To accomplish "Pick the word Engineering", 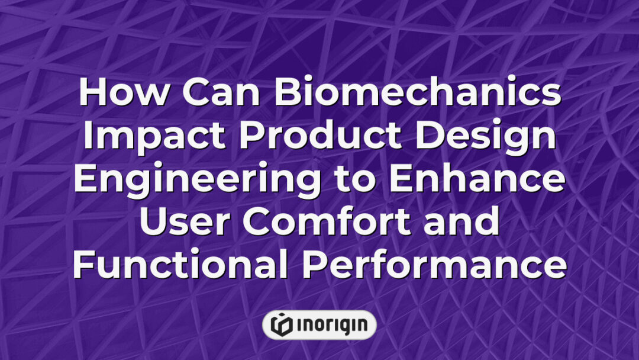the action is point(197,181).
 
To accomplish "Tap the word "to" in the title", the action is point(354,179).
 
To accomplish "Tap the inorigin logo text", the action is point(332,325).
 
